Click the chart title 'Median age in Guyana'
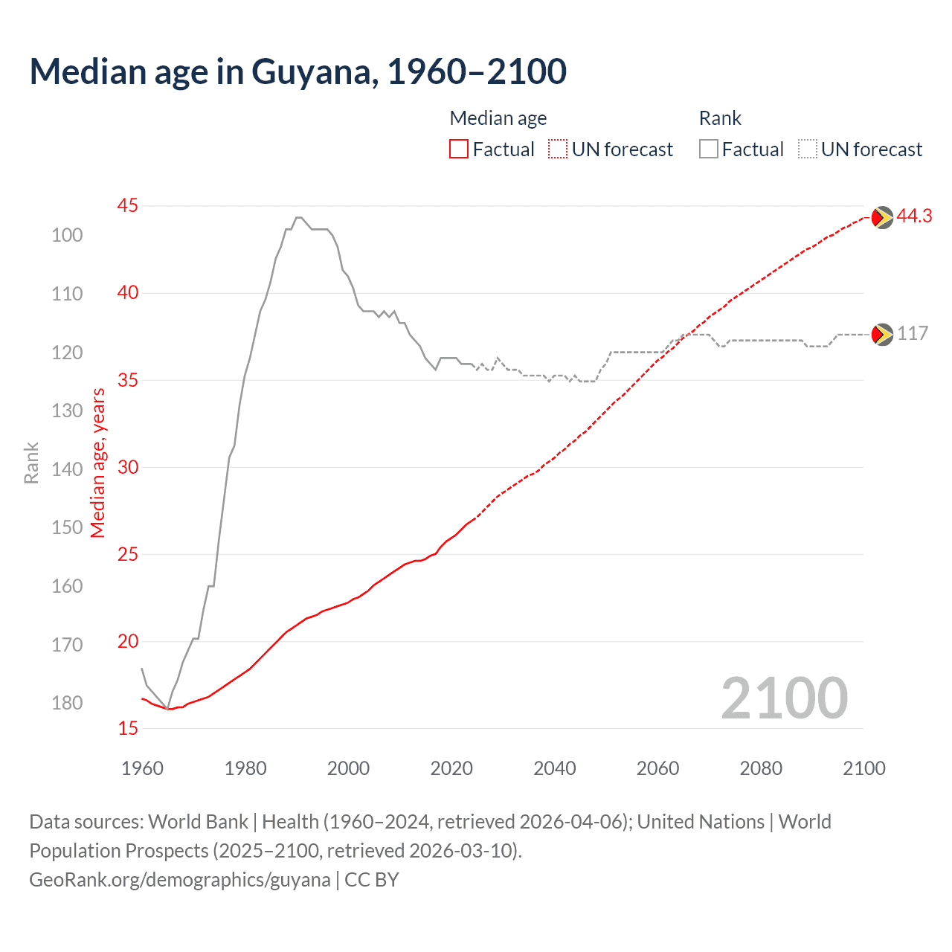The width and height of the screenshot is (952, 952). coord(297,71)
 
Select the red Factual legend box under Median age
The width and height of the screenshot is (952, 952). coord(459,149)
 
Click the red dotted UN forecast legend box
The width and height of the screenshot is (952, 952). coord(558,149)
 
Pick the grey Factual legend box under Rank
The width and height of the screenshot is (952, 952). coord(709,149)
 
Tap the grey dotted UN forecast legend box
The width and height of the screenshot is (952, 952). coord(808,149)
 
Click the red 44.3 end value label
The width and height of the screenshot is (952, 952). coord(914,216)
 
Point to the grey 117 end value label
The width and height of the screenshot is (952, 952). coord(913,333)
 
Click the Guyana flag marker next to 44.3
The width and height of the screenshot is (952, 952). coord(881,217)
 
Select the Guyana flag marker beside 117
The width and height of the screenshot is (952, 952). coord(881,335)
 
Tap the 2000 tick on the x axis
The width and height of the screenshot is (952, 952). coord(348,768)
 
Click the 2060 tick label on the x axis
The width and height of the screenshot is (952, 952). coord(657,768)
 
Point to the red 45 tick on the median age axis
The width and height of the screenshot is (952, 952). coord(128,205)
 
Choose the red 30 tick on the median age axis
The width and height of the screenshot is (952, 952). coord(128,467)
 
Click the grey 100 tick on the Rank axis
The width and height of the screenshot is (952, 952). coord(67,235)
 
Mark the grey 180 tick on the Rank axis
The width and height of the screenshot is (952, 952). coord(67,703)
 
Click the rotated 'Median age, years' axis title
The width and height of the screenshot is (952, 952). coord(98,463)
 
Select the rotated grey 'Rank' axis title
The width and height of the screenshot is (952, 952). coord(31,463)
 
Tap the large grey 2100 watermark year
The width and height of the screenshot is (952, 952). coord(784,698)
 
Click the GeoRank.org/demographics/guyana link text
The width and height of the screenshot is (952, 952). coord(179,879)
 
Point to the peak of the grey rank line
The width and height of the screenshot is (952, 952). coord(298,217)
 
